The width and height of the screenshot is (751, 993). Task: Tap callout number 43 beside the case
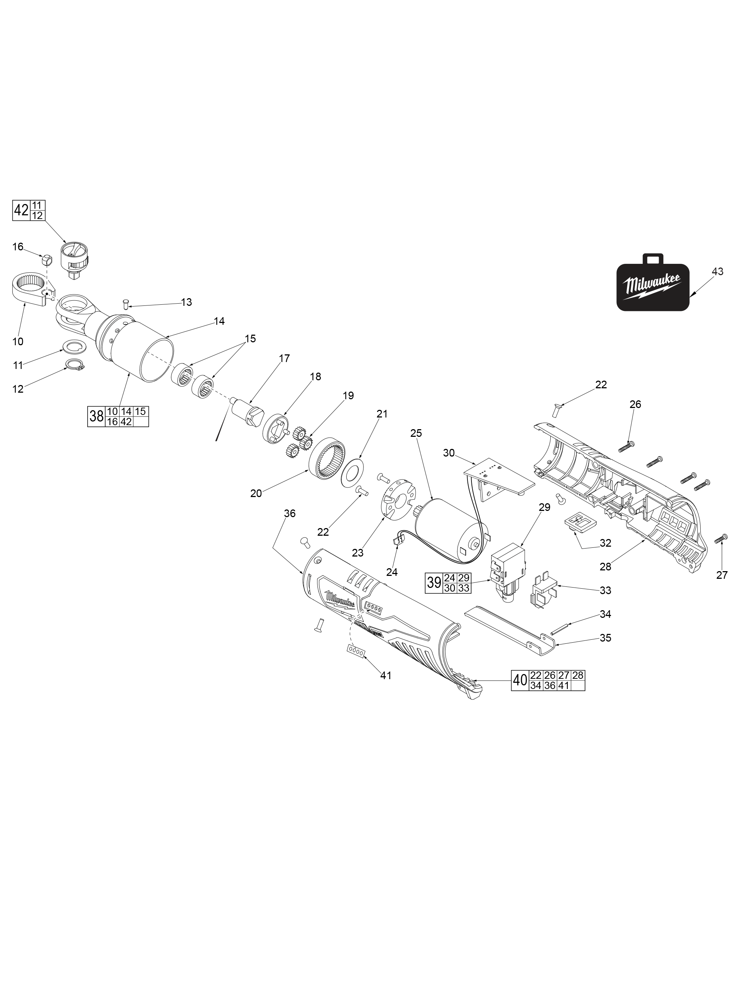(717, 272)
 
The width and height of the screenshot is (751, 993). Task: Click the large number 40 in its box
(520, 681)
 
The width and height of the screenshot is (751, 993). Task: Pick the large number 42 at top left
(21, 210)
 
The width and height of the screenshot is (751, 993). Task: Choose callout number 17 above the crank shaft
(284, 358)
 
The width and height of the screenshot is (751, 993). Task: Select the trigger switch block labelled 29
(509, 573)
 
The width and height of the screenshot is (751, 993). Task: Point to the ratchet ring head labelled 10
(30, 291)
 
